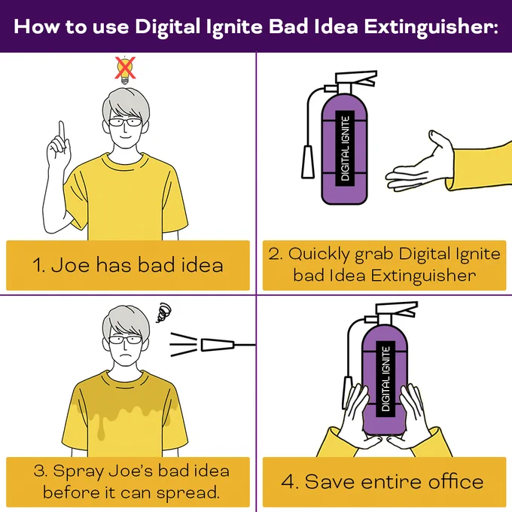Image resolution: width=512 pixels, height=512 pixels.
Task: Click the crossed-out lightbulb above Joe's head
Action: pyautogui.click(x=125, y=70)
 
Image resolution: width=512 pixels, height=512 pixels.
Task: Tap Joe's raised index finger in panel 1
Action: pyautogui.click(x=62, y=133)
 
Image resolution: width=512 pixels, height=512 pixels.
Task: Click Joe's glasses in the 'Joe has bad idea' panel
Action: pyautogui.click(x=125, y=123)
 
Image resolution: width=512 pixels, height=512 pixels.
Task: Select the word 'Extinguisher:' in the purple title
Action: pyautogui.click(x=431, y=27)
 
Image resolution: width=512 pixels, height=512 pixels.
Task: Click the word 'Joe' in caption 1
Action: pyautogui.click(x=70, y=264)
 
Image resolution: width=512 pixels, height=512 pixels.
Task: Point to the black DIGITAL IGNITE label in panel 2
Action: pyautogui.click(x=346, y=148)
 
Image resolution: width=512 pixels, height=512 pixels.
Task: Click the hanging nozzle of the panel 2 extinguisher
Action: pyautogui.click(x=308, y=162)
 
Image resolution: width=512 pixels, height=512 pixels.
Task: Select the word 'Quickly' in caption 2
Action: pyautogui.click(x=318, y=254)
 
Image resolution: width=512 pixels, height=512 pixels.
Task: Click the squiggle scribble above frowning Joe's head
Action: pyautogui.click(x=163, y=312)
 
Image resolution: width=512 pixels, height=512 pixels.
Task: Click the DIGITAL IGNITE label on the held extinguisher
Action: pyautogui.click(x=386, y=379)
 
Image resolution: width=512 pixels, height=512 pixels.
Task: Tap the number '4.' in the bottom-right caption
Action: pyautogui.click(x=290, y=482)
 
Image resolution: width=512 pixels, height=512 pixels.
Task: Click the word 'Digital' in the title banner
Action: pyautogui.click(x=167, y=27)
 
